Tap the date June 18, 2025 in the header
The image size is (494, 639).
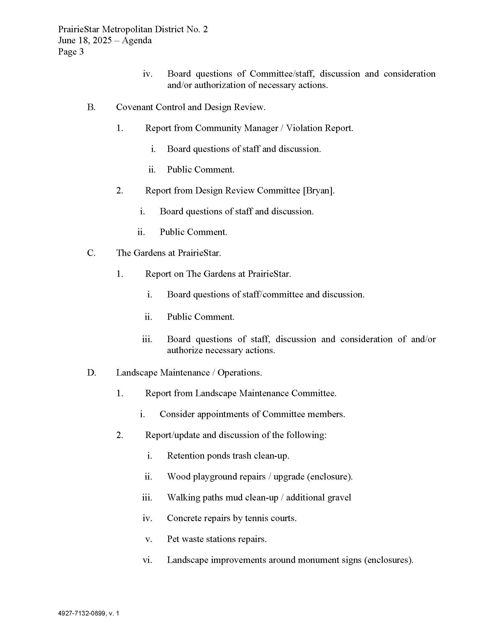pyautogui.click(x=85, y=40)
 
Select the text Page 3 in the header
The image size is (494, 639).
pyautogui.click(x=71, y=52)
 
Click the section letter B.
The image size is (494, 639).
pyautogui.click(x=91, y=107)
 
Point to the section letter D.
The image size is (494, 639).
pyautogui.click(x=91, y=373)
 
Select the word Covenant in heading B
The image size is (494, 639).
pyautogui.click(x=135, y=107)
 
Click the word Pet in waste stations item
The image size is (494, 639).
pyautogui.click(x=173, y=539)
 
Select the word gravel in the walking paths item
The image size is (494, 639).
pyautogui.click(x=339, y=497)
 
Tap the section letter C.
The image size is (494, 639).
pyautogui.click(x=91, y=253)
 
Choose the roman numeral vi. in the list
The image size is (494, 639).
pyautogui.click(x=147, y=560)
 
